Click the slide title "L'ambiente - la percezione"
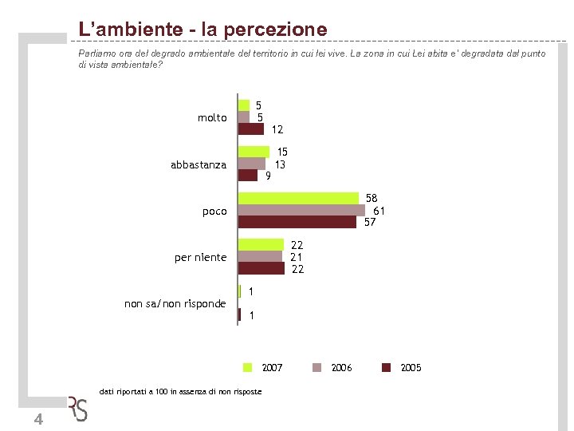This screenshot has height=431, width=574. pos(202,30)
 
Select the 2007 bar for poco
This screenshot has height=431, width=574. pos(298,198)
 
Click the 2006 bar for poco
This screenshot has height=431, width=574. pos(301,210)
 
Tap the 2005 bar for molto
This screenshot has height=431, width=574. pos(251,129)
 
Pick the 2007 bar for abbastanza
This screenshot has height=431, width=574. pos(254,152)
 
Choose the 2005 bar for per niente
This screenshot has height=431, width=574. pos(261,269)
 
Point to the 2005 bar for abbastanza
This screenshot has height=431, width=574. pos(248,176)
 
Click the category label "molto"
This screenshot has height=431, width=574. pos(212,118)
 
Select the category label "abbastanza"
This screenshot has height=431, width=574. pos(199,164)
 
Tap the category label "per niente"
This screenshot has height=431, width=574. pos(200,257)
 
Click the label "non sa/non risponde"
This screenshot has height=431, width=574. pos(175,303)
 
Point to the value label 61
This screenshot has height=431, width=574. pos(379,211)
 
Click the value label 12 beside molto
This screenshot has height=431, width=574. pos(277,129)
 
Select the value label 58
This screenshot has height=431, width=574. pos(372,198)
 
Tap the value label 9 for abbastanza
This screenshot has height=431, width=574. pos(269,176)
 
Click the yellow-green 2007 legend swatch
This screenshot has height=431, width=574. pos(248,367)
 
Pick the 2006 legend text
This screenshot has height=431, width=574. pos(341,367)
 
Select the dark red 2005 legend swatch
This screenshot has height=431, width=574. pos(387,367)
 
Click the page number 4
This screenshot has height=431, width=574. pos(38,421)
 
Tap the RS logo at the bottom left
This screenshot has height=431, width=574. pos(77,409)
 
